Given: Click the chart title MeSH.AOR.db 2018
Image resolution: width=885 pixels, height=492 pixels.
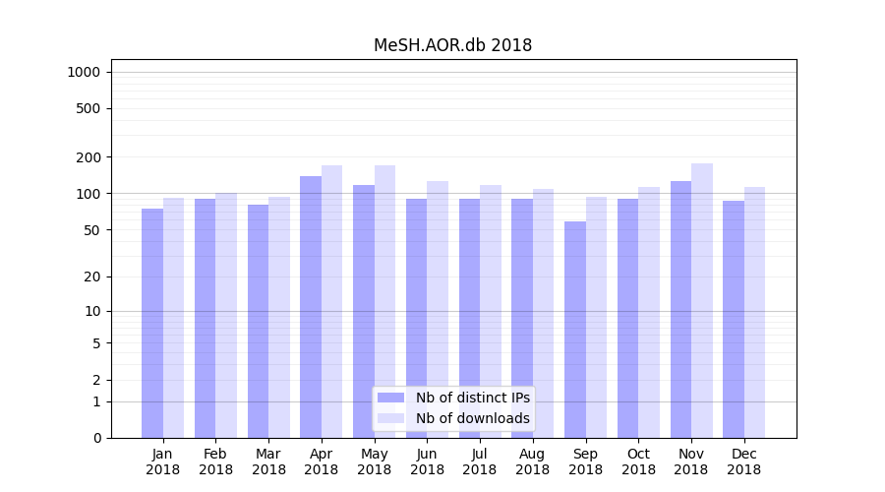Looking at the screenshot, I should click(x=452, y=45).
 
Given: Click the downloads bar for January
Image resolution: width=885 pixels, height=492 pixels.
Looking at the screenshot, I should click(x=174, y=318).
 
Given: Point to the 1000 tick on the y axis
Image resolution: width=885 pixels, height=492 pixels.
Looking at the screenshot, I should click(x=84, y=72).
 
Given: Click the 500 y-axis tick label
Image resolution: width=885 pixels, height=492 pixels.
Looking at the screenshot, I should click(x=88, y=108).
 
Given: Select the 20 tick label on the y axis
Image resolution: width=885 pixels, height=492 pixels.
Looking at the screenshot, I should click(x=91, y=277).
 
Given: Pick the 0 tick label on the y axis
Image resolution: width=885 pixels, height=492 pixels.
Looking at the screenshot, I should click(x=96, y=438).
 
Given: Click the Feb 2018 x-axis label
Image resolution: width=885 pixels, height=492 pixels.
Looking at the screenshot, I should click(x=216, y=461).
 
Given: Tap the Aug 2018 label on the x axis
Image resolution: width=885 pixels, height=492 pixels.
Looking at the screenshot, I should click(x=533, y=461).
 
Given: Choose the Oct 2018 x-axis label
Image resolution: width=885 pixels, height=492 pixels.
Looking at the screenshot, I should click(x=638, y=461).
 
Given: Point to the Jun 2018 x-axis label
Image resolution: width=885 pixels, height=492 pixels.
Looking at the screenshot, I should click(x=427, y=461).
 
